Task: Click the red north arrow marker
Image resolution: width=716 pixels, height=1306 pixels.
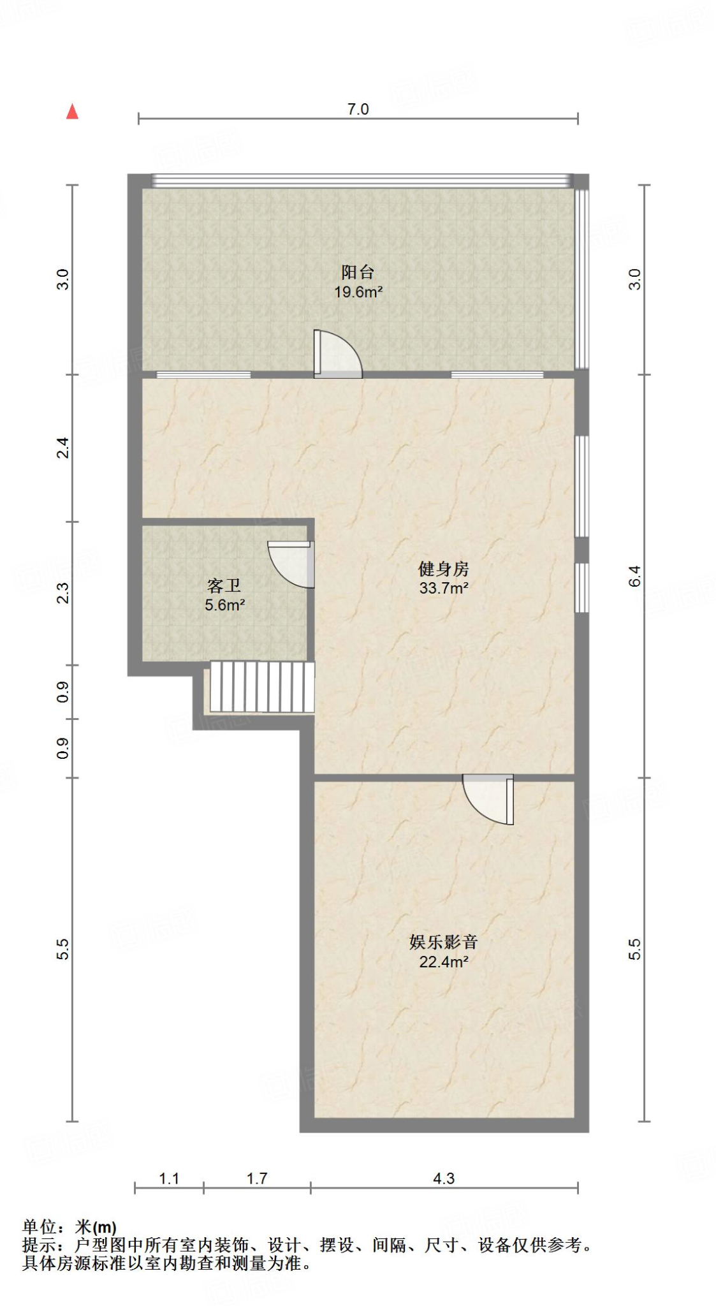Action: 73,112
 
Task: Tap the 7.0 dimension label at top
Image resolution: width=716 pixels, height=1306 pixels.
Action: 358,109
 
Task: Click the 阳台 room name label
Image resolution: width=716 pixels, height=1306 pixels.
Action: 358,272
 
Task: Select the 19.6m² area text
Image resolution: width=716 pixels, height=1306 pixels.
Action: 358,292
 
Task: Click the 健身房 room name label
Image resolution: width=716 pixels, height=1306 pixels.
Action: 443,568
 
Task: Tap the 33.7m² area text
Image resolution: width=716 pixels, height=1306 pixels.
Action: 443,588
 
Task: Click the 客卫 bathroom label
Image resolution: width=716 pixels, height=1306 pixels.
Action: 224,585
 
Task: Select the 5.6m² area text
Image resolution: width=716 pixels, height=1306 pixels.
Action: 224,605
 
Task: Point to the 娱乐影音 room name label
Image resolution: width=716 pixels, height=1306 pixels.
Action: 443,942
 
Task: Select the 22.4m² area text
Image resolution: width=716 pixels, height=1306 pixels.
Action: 443,962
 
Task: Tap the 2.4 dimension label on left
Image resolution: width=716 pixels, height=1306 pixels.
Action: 62,448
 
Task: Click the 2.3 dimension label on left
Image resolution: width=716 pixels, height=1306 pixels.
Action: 62,593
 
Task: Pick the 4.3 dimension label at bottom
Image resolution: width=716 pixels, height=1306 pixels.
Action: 444,1178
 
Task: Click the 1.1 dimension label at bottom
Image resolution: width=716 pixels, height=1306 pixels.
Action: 169,1178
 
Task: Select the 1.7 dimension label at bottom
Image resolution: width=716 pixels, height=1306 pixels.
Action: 257,1178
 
